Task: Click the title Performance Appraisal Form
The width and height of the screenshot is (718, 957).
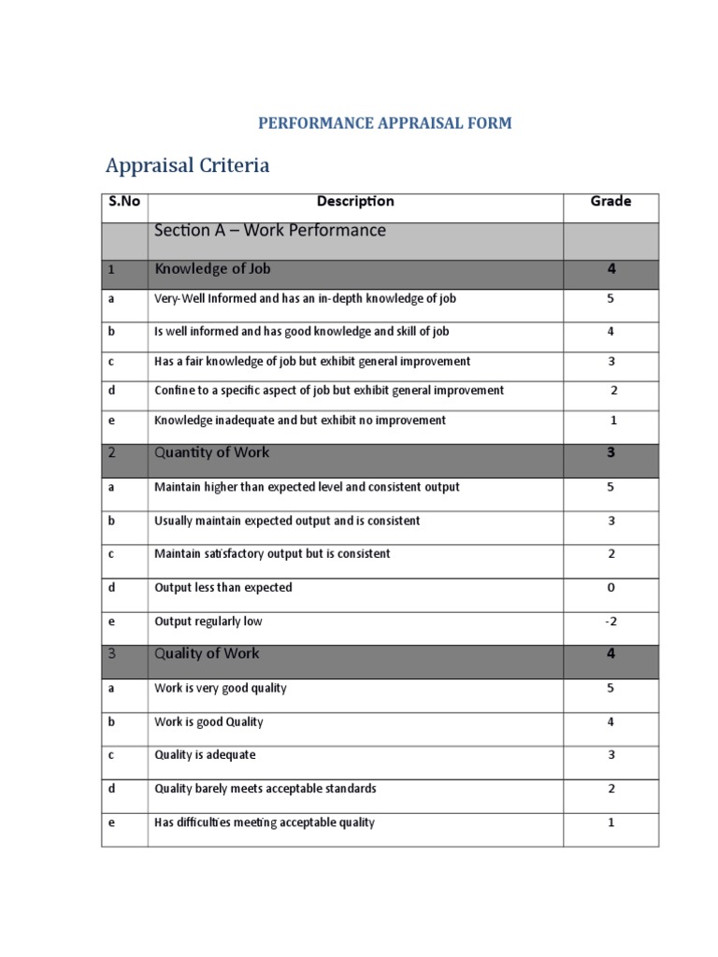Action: pyautogui.click(x=384, y=123)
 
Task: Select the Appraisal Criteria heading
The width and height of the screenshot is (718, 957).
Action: pyautogui.click(x=188, y=165)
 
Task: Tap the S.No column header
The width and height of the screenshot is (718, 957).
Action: pyautogui.click(x=123, y=201)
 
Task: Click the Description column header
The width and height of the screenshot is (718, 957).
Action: pyautogui.click(x=355, y=201)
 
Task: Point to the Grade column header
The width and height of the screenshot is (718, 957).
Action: pyautogui.click(x=610, y=201)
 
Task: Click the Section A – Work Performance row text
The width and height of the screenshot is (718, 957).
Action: pyautogui.click(x=270, y=231)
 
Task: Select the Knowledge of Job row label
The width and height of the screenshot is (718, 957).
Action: pyautogui.click(x=214, y=269)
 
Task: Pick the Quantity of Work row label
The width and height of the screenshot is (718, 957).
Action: pyautogui.click(x=212, y=452)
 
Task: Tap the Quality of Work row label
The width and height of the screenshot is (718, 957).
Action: pyautogui.click(x=208, y=653)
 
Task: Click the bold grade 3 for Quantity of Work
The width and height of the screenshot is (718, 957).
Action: pyautogui.click(x=610, y=452)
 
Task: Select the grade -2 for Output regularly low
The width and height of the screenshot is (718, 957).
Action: pyautogui.click(x=611, y=621)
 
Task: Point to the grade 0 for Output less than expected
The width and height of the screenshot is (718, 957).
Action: pyautogui.click(x=611, y=588)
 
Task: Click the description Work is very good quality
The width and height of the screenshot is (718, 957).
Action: pyautogui.click(x=221, y=688)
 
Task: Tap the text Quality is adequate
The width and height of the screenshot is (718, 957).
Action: pyautogui.click(x=205, y=755)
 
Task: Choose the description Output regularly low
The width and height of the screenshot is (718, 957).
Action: pyautogui.click(x=208, y=621)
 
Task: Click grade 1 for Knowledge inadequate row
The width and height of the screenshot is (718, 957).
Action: pyautogui.click(x=613, y=421)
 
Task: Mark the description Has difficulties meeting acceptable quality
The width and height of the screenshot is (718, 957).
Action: pyautogui.click(x=265, y=822)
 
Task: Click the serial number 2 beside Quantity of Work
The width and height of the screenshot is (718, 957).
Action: pyautogui.click(x=111, y=452)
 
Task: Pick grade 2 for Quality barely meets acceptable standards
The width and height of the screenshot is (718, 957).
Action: pyautogui.click(x=611, y=789)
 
